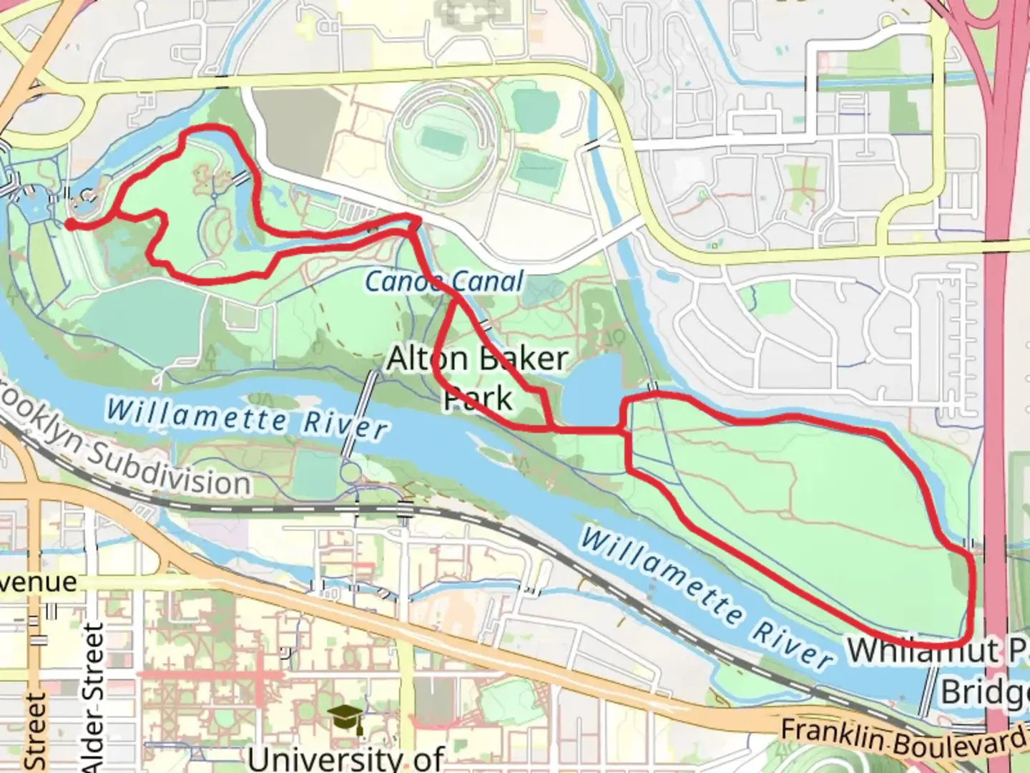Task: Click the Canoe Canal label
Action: (x=444, y=281)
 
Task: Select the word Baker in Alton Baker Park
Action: (x=529, y=359)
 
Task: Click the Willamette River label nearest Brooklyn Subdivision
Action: (x=247, y=418)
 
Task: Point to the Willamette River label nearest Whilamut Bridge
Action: (x=705, y=597)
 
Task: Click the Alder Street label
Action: (x=93, y=698)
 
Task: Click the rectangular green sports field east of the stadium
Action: (x=537, y=168)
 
